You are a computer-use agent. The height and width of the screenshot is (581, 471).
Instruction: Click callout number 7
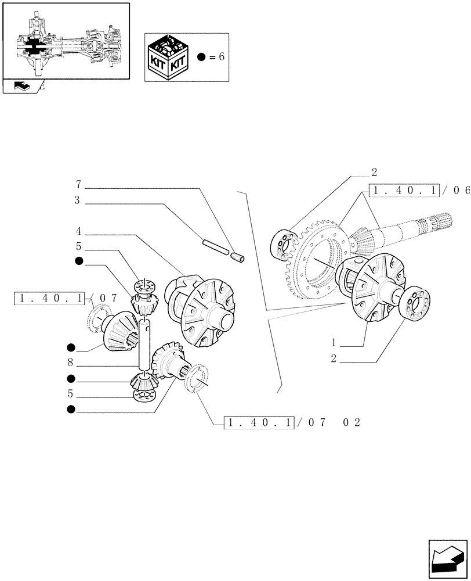78,185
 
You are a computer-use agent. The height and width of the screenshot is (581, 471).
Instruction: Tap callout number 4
78,231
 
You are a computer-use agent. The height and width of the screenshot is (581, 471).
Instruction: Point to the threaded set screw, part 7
238,255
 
